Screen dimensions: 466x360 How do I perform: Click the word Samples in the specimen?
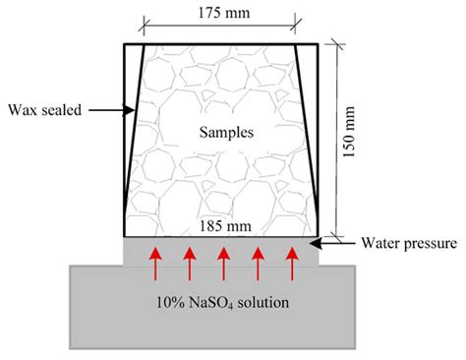[x=221, y=130]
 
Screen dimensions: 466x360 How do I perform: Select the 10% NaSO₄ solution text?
[x=221, y=302]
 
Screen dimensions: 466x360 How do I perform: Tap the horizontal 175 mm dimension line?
[x=221, y=24]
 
